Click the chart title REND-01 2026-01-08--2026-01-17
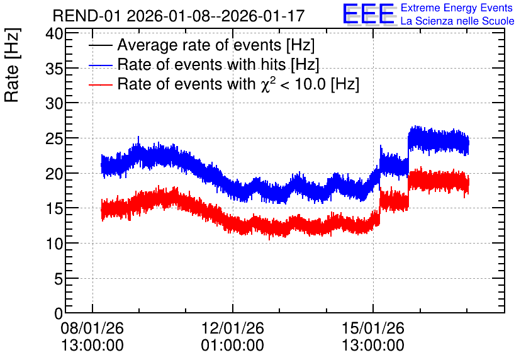tap(179, 16)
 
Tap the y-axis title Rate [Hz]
tap(12, 65)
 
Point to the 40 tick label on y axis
tap(54, 34)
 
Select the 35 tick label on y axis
tap(54, 69)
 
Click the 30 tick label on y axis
tap(54, 104)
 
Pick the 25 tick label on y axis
tap(54, 138)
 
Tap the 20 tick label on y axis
tap(54, 174)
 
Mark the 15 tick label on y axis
tap(54, 209)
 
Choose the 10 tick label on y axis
tap(54, 244)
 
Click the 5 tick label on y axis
tap(59, 278)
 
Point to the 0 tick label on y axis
tap(59, 313)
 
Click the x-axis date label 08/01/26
tap(92, 328)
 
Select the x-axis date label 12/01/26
tap(232, 328)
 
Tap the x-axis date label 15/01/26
tap(373, 328)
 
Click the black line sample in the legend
tap(101, 45)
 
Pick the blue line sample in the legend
tap(101, 65)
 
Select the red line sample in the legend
tap(101, 84)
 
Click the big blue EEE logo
tap(369, 14)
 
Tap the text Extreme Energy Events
tap(457, 8)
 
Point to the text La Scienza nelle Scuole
tap(457, 21)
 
